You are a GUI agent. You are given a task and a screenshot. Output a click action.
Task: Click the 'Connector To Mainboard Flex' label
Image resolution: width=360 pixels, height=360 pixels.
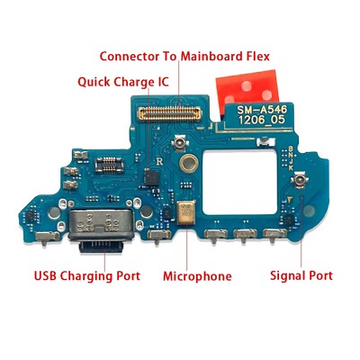[x=184, y=56]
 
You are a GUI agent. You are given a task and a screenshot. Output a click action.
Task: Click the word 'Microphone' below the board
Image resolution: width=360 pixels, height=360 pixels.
[x=197, y=276]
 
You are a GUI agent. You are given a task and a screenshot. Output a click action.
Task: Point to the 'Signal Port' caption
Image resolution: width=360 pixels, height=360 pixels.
[x=301, y=276]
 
